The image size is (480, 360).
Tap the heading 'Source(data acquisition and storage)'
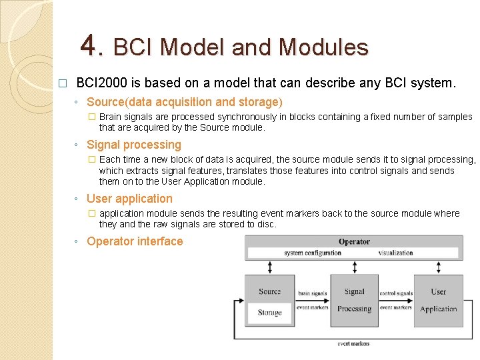coord(185,102)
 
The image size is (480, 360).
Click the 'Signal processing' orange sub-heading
coord(134,145)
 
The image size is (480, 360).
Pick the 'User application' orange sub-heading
coord(129,199)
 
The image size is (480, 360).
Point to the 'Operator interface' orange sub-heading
coord(135,241)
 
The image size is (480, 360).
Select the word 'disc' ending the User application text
coord(266,224)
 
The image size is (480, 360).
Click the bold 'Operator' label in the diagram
coord(354,241)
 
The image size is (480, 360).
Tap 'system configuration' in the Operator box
coord(312,253)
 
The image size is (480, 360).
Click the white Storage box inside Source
coord(269,313)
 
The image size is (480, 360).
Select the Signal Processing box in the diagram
coord(354,300)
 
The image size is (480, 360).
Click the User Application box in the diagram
coord(438,300)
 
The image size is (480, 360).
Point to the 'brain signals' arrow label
coord(312,293)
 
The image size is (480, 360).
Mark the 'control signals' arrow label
coord(396,293)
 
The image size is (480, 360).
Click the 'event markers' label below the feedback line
coord(353,343)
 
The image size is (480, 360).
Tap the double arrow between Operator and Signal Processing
coord(354,267)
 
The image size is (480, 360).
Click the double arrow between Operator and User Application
coord(438,267)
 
